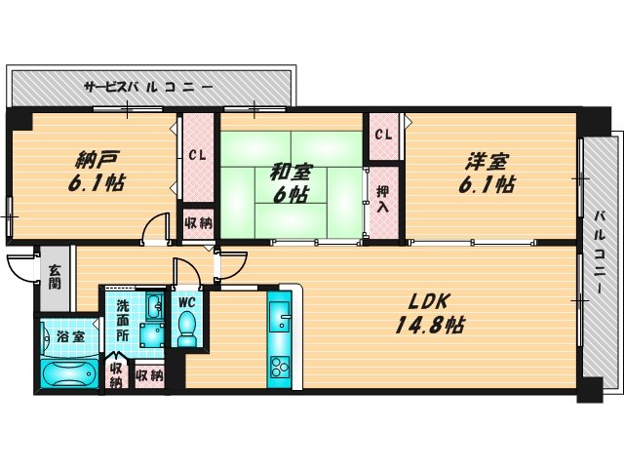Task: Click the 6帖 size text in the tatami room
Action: tap(290, 194)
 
